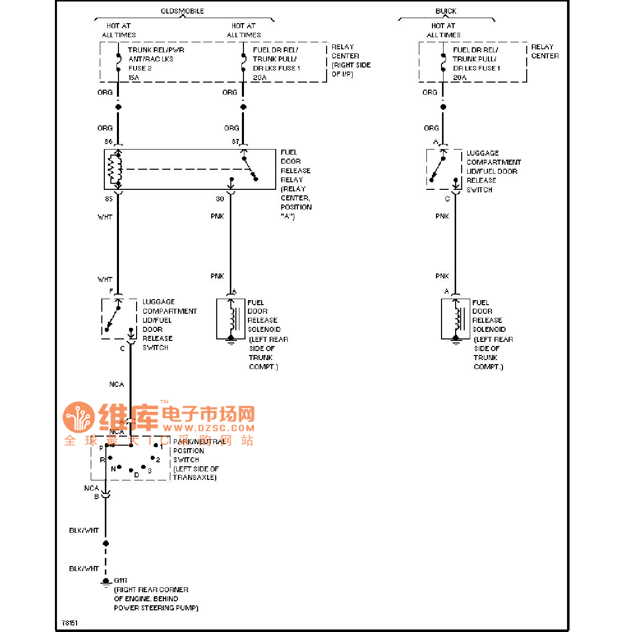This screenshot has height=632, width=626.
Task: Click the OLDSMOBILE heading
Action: click(182, 11)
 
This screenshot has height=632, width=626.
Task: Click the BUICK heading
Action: click(446, 11)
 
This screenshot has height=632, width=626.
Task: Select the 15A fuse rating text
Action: click(134, 78)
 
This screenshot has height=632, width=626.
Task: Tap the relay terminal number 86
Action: click(108, 142)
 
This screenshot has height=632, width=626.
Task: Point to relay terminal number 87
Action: click(235, 142)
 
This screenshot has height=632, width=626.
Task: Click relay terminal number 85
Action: click(108, 199)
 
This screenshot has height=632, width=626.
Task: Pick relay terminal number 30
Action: click(220, 199)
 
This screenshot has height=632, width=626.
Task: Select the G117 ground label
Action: click(121, 581)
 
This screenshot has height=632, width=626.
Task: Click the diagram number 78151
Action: click(70, 623)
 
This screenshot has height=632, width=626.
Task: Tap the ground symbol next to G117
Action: click(106, 582)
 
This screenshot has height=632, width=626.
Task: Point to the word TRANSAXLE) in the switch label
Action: click(195, 477)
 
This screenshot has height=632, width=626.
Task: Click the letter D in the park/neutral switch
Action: click(137, 475)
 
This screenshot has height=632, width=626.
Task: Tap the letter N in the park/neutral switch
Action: click(113, 469)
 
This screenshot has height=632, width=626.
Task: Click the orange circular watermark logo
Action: click(79, 417)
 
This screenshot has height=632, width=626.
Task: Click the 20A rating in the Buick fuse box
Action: click(460, 78)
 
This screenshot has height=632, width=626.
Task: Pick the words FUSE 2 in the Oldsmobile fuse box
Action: click(140, 68)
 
